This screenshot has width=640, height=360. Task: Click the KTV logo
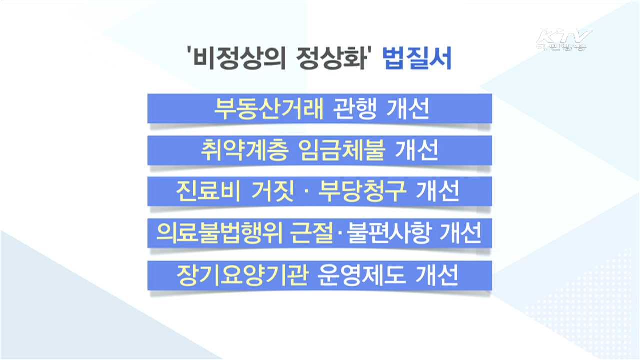[x=563, y=39]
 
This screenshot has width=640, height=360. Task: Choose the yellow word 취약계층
[x=245, y=150]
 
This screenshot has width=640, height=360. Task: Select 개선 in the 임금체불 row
[x=416, y=150]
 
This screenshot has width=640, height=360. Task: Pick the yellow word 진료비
[x=204, y=191]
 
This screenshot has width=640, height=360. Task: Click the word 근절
[x=310, y=233]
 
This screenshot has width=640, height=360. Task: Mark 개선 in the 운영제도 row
[x=437, y=275]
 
